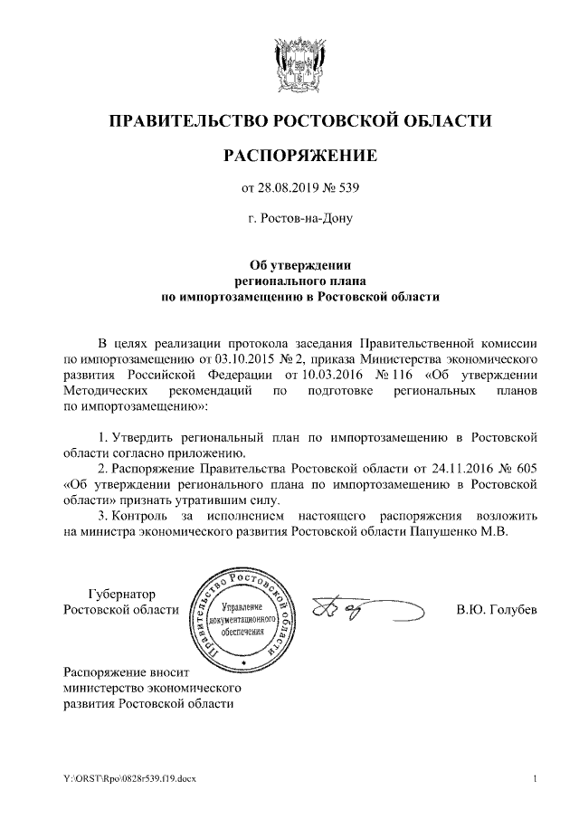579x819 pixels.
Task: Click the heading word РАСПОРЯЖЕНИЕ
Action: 299,156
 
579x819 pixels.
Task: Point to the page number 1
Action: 536,778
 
